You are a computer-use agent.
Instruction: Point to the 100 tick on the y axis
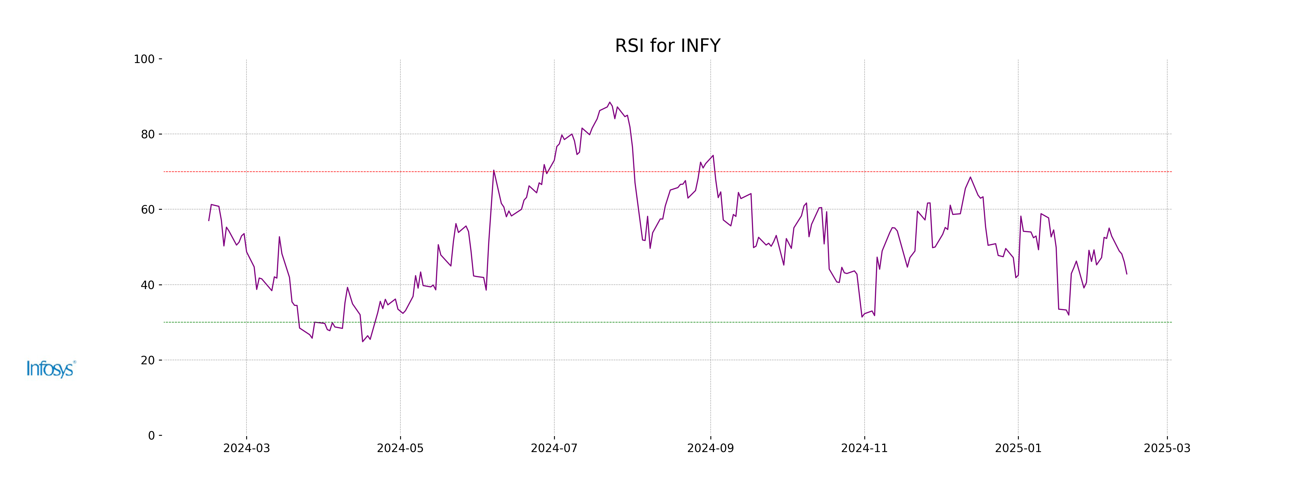(144, 59)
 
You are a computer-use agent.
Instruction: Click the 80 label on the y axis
(148, 135)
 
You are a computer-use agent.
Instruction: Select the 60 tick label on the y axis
(148, 209)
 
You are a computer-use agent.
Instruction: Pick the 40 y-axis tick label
(148, 285)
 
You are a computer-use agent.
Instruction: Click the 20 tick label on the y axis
(148, 361)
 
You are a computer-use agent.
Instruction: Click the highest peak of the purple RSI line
(609, 102)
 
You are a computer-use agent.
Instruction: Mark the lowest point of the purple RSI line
(363, 342)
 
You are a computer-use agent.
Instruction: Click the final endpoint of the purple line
(1127, 274)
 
